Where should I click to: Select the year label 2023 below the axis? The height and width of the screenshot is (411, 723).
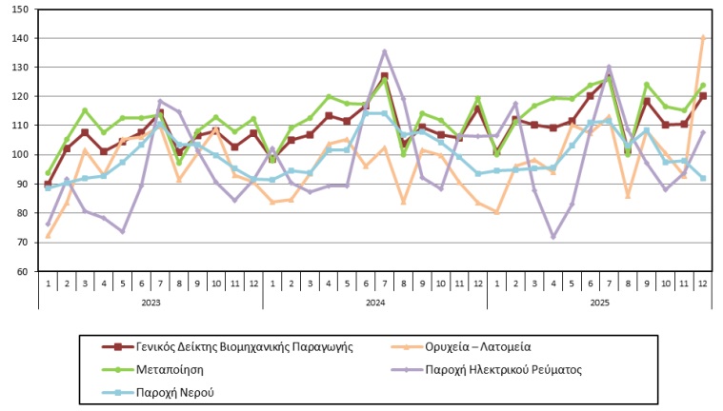151,303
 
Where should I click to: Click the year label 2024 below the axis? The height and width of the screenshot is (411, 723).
374,303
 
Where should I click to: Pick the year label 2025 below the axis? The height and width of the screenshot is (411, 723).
599,303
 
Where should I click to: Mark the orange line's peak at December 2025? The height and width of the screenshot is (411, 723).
703,37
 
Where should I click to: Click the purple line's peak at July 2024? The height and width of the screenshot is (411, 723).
385,51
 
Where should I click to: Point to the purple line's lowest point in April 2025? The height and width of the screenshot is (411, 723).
552,236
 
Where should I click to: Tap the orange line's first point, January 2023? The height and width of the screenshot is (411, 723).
48,236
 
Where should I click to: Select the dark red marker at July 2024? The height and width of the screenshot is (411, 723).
385,76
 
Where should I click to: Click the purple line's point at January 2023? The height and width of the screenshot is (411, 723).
48,224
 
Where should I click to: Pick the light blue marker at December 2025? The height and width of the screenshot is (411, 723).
703,178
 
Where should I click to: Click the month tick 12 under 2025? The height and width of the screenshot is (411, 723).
703,284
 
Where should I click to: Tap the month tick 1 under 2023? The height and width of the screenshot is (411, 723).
48,284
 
